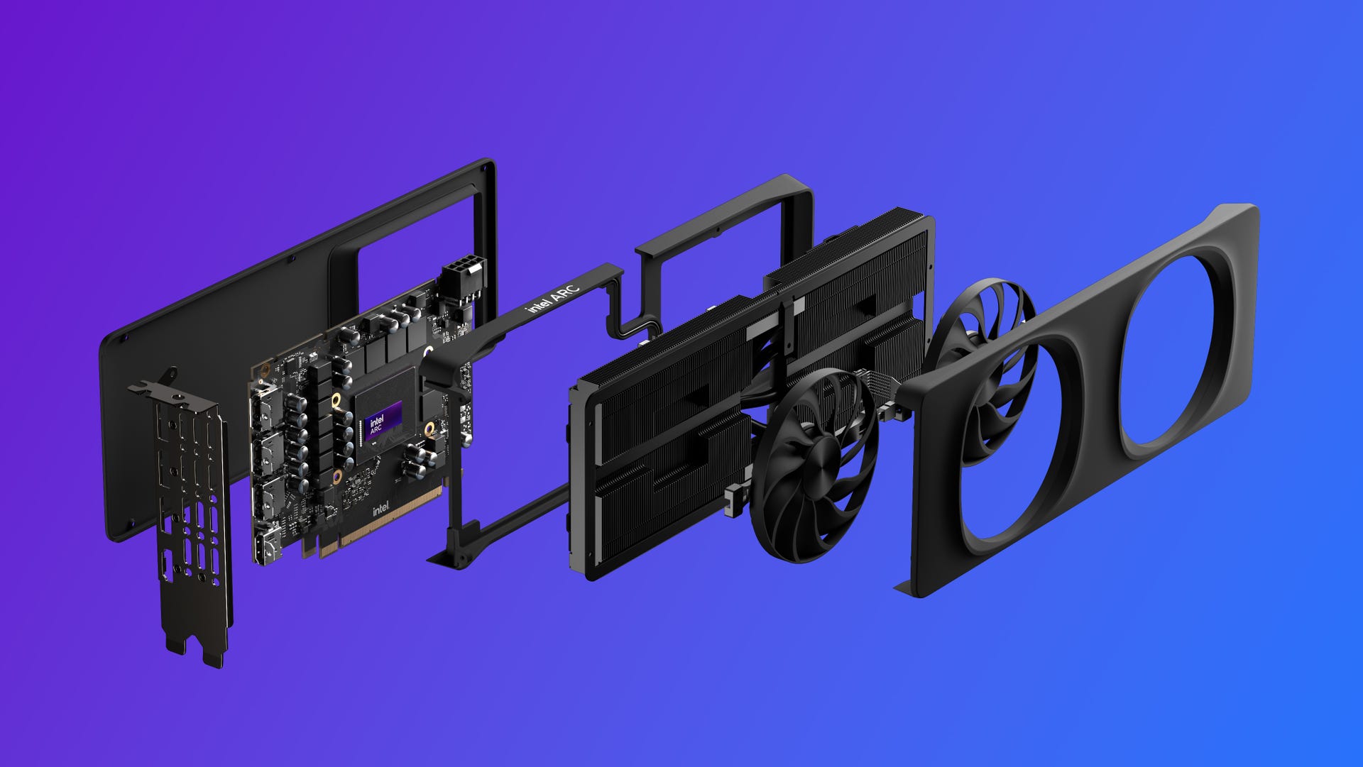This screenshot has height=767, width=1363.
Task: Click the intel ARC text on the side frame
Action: [553, 299]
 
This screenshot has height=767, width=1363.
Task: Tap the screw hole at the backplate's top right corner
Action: [483, 169]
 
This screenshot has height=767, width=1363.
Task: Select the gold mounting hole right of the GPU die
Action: [428, 426]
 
